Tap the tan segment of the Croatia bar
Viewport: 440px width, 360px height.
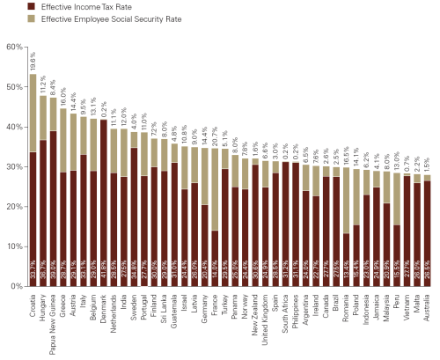click(33, 100)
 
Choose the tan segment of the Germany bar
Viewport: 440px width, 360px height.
click(205, 177)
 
